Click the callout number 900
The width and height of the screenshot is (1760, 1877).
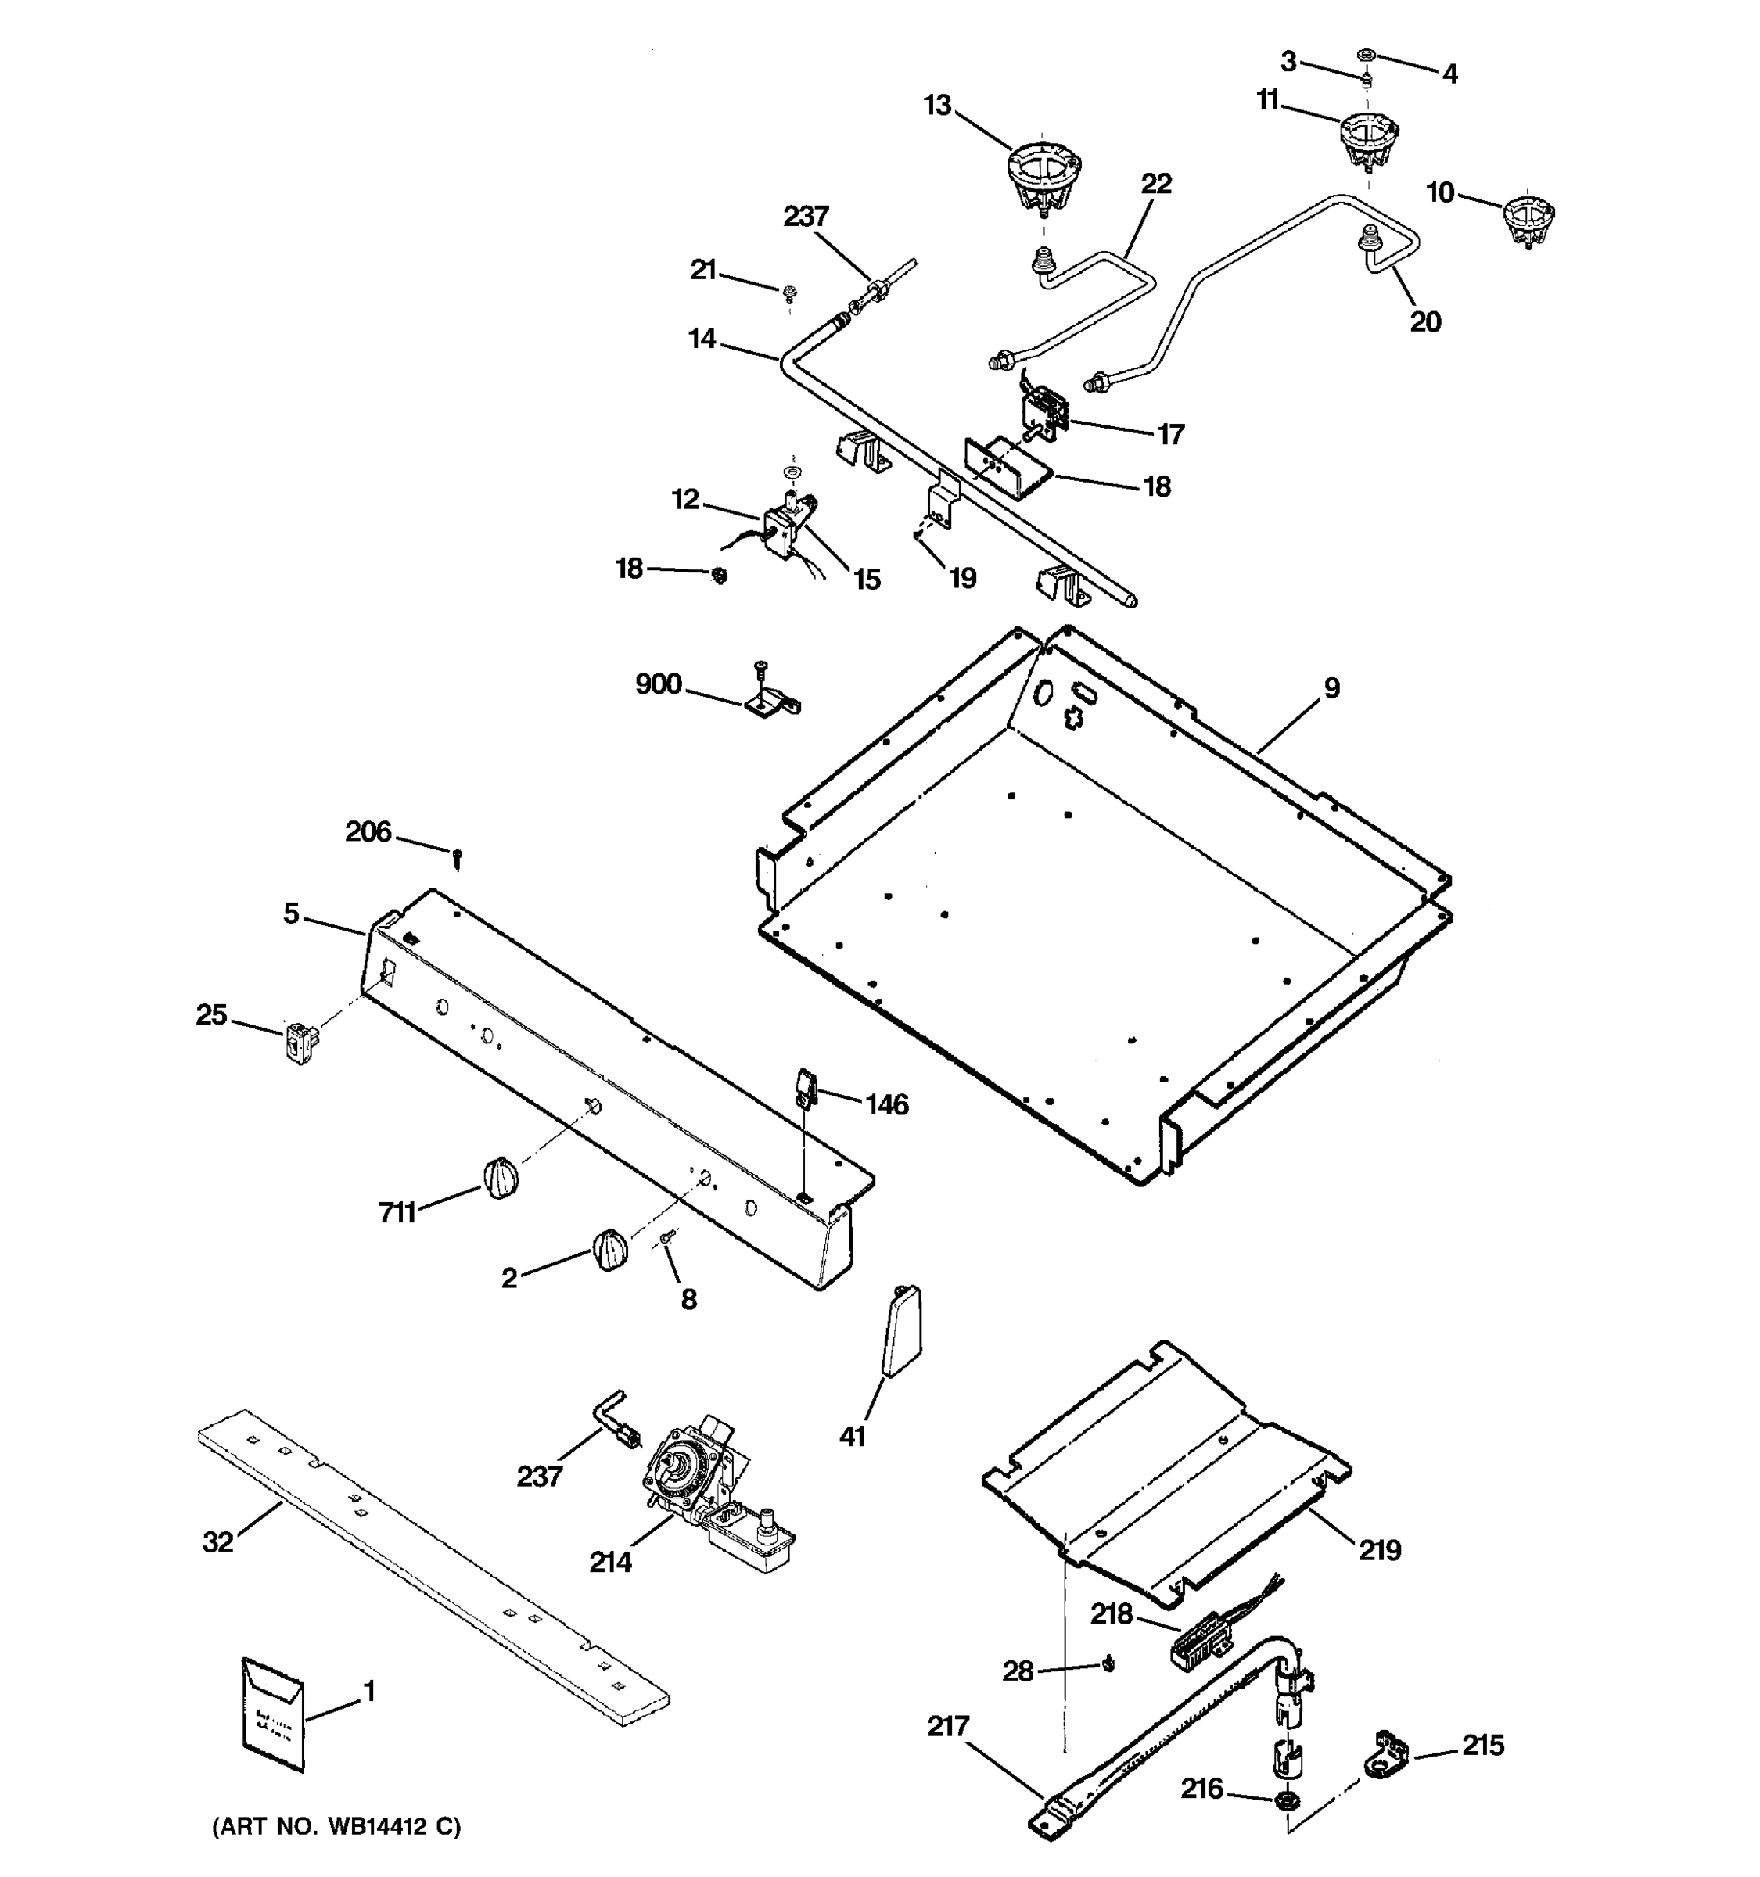(x=658, y=684)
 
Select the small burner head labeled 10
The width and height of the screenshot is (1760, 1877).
(x=1527, y=221)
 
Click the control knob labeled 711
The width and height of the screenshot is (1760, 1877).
(x=501, y=1177)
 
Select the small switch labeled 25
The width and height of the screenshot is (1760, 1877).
(x=300, y=1043)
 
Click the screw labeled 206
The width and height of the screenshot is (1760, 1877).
(x=458, y=857)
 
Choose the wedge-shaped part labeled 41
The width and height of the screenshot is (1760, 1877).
(x=902, y=1331)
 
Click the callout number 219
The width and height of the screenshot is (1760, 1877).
(x=1380, y=1549)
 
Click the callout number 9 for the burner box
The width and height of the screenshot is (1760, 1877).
(x=1331, y=688)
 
